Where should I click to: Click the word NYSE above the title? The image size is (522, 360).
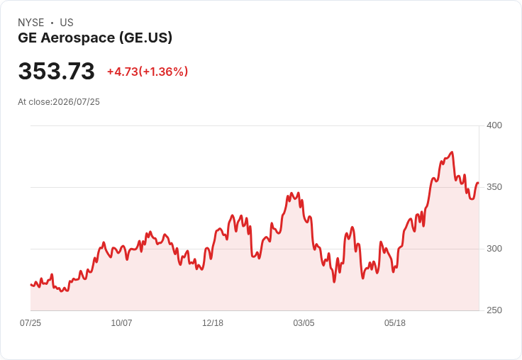click(x=31, y=23)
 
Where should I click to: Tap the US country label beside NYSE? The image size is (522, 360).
click(x=67, y=23)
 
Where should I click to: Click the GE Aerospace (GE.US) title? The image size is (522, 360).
click(x=95, y=38)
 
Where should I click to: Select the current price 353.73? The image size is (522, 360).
click(x=57, y=71)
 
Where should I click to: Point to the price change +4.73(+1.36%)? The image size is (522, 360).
click(x=148, y=72)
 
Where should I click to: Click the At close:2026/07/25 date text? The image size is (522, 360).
click(x=59, y=102)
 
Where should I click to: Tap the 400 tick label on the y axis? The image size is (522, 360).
click(x=494, y=125)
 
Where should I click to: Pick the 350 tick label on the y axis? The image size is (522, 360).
click(x=494, y=187)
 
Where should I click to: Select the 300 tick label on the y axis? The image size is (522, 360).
click(x=494, y=249)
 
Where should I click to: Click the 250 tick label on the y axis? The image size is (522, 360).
click(x=494, y=310)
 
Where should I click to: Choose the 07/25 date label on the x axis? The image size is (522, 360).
click(x=30, y=323)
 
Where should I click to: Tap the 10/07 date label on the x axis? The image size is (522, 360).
click(x=121, y=323)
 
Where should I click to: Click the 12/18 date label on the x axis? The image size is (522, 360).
click(x=213, y=323)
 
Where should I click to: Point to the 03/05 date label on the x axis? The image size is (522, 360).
click(x=304, y=323)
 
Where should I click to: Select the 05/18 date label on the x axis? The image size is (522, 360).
click(x=395, y=323)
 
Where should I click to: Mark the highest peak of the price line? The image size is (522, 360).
click(x=452, y=152)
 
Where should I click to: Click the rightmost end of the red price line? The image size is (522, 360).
click(x=479, y=183)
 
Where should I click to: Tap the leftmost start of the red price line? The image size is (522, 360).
click(x=30, y=284)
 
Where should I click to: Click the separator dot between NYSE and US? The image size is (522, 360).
click(x=52, y=23)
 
